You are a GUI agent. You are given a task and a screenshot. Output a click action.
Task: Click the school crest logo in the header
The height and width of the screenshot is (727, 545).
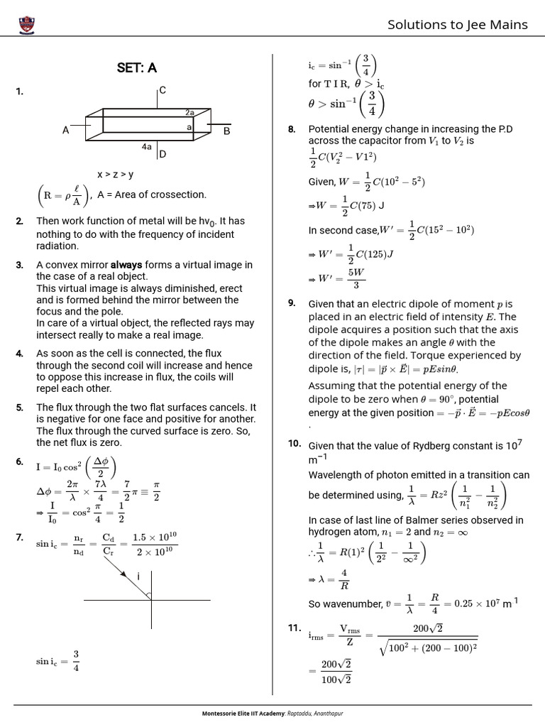click(29, 26)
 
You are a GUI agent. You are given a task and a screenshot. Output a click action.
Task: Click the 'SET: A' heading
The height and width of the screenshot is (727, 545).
click(136, 68)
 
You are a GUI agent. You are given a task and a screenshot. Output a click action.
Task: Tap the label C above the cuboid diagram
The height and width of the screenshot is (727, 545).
click(163, 90)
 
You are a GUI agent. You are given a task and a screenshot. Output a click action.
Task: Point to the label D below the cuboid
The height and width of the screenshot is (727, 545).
click(163, 154)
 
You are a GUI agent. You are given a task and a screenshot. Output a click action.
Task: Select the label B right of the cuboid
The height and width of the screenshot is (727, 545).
click(227, 131)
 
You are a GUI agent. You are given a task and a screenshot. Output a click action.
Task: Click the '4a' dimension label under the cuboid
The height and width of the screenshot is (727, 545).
click(146, 147)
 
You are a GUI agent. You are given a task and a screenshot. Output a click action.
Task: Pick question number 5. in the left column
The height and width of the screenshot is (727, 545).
click(20, 408)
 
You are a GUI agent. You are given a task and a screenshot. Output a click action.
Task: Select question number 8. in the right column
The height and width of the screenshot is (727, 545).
click(292, 129)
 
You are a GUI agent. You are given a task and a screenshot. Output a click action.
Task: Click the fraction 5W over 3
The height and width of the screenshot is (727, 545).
click(356, 279)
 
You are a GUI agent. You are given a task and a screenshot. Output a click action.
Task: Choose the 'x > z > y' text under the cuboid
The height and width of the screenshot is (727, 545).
click(116, 175)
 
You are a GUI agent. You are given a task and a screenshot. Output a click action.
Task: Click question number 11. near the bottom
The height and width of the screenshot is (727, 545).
click(295, 628)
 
